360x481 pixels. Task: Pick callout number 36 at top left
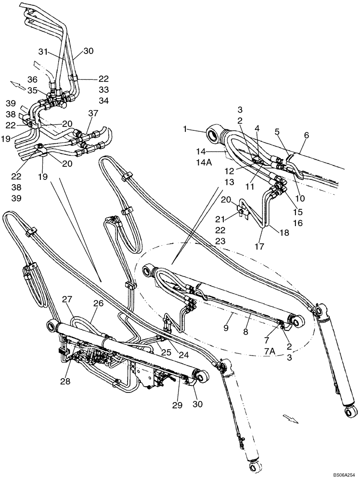tap(32, 79)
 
